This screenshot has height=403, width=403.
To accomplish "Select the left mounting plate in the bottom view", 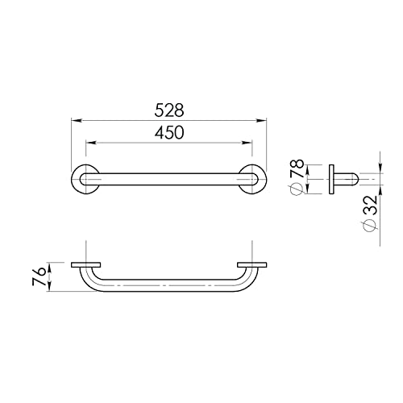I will (x=86, y=264).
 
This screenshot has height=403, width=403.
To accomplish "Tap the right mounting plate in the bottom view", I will (x=251, y=264).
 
